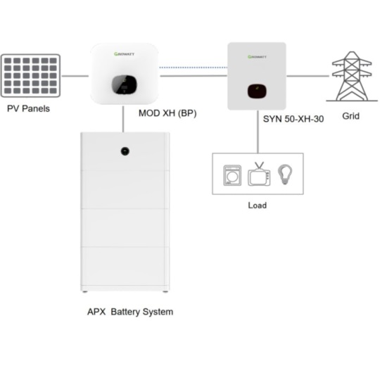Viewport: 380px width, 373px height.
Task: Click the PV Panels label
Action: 28,109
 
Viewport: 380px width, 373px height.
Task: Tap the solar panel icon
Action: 30,75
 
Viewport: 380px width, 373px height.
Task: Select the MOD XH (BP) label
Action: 167,113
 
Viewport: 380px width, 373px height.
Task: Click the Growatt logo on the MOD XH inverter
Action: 124,53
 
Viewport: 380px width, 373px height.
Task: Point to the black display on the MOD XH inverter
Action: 124,85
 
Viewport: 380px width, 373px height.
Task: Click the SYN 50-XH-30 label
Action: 293,119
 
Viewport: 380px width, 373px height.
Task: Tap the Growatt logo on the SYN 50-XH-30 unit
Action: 257,57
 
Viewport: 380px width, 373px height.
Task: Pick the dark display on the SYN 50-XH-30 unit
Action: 257,91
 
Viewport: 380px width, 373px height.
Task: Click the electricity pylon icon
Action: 352,76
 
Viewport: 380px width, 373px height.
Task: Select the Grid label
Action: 350,116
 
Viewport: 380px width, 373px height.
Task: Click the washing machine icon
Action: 232,175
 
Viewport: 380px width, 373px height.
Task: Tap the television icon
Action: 259,174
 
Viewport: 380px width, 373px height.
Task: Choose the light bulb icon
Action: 285,175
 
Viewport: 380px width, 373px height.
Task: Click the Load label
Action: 258,206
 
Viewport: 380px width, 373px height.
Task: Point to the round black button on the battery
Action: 125,151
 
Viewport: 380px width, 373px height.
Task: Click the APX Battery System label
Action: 130,312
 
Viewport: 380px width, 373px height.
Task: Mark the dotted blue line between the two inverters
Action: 193,68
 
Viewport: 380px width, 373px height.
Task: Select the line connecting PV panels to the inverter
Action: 75,76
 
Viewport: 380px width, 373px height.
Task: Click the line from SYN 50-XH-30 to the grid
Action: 308,76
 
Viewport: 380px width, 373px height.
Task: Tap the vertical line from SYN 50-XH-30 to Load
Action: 258,132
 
